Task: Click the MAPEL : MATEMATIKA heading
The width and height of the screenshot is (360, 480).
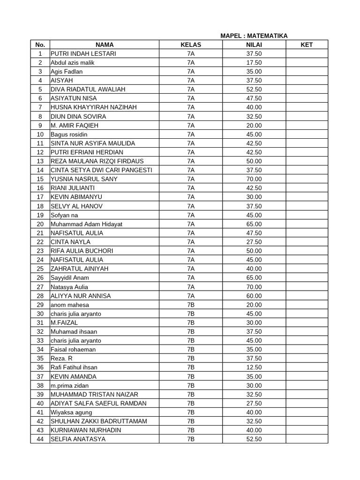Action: (x=254, y=36)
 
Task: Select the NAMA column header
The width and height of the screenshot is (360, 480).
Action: (x=105, y=45)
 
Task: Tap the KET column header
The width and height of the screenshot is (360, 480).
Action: (x=307, y=45)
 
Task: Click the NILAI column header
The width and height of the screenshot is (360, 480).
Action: (x=254, y=45)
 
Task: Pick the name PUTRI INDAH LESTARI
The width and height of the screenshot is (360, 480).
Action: (x=83, y=53)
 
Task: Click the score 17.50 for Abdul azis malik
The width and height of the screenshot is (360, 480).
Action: (x=254, y=62)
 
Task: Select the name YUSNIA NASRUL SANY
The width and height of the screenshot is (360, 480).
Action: (x=84, y=179)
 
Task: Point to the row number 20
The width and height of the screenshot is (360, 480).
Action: (x=40, y=224)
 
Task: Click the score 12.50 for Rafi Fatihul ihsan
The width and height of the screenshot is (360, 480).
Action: (x=254, y=367)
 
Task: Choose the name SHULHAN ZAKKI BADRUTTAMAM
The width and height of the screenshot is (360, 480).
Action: (x=98, y=421)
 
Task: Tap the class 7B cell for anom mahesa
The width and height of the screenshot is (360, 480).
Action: (x=191, y=305)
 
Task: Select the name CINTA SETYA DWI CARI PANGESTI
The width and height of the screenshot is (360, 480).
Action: (x=101, y=170)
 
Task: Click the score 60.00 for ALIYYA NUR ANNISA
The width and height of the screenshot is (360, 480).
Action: (x=254, y=296)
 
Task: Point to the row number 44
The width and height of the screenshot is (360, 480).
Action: (x=40, y=439)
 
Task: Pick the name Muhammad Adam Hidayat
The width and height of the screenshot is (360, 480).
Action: (x=86, y=224)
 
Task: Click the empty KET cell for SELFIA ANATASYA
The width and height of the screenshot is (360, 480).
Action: (x=307, y=439)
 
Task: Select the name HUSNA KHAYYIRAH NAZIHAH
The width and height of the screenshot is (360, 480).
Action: (x=94, y=107)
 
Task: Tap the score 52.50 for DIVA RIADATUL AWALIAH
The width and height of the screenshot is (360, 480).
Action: (x=254, y=89)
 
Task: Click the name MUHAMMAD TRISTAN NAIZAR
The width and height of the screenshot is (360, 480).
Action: (x=94, y=394)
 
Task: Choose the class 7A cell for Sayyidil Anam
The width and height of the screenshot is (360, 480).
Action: (x=191, y=277)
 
